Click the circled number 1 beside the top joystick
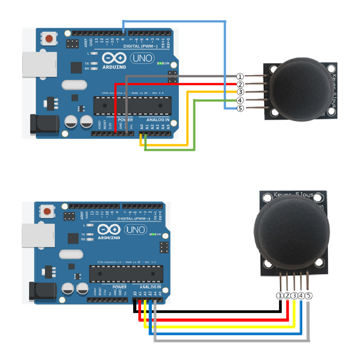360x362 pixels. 240,77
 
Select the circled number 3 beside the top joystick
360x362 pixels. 240,92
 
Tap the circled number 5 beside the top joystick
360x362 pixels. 240,108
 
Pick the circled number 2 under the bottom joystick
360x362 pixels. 287,296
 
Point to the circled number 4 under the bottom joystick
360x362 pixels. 301,296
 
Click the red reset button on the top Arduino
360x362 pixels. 49,39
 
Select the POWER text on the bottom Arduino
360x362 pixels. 119,287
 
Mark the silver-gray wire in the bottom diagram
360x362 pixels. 231,340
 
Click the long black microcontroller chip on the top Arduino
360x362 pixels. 126,105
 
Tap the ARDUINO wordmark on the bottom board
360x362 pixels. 109,238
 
